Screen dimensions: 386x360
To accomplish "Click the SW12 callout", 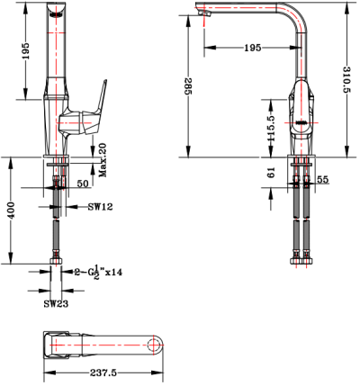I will (x=99, y=208).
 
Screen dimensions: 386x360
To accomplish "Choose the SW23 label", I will (x=58, y=303).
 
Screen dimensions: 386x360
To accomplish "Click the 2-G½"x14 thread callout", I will (x=98, y=269).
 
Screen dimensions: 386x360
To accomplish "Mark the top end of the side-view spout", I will (x=55, y=11).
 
